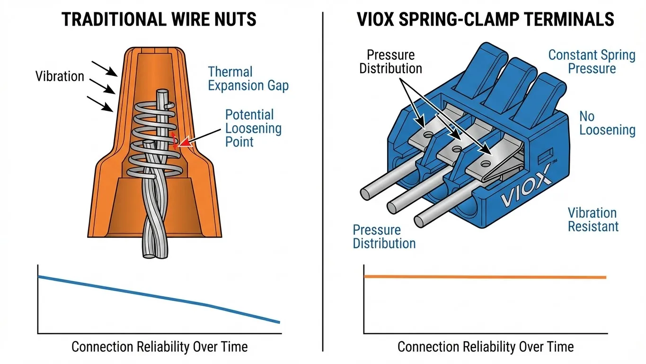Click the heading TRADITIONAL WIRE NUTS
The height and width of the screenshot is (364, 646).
[159, 19]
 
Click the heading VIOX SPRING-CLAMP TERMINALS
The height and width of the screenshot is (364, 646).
[485, 19]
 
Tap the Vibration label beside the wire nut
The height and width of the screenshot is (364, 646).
[60, 76]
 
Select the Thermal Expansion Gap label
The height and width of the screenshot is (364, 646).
[248, 79]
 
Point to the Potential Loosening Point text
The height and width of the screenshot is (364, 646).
[253, 128]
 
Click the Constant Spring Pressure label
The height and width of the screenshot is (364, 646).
[592, 62]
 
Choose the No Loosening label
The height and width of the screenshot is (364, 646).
[607, 123]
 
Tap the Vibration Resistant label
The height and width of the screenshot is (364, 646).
[593, 219]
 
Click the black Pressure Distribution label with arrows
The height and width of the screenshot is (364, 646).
[390, 62]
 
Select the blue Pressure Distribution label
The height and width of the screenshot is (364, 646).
[384, 237]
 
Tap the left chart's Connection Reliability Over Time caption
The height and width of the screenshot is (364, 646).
[159, 346]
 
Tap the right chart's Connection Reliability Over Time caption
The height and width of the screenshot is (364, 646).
[485, 346]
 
